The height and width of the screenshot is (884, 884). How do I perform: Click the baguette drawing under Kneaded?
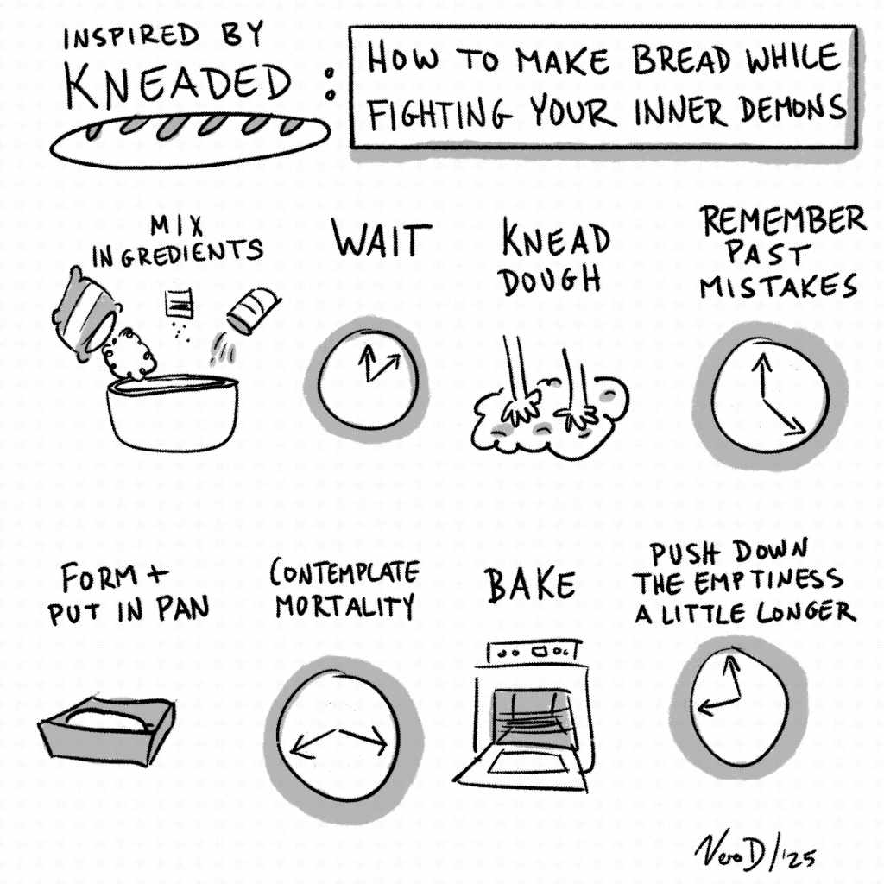point(189,141)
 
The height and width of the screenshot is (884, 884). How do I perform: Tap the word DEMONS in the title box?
point(792,108)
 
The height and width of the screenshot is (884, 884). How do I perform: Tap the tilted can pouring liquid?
point(253,310)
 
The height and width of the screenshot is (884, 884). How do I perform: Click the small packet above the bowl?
point(180,303)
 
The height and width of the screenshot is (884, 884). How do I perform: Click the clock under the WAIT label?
point(368,379)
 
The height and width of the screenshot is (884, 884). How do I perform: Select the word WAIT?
point(381,238)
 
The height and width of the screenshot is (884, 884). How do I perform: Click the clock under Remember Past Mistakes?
point(769,395)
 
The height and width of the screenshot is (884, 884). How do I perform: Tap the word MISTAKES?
point(779,287)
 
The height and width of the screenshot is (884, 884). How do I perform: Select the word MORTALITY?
point(344,607)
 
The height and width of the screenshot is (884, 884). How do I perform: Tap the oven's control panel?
point(534,651)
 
